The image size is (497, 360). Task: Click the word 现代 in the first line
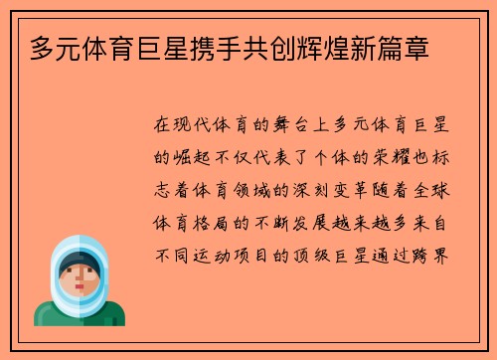pyautogui.click(x=196, y=126)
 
